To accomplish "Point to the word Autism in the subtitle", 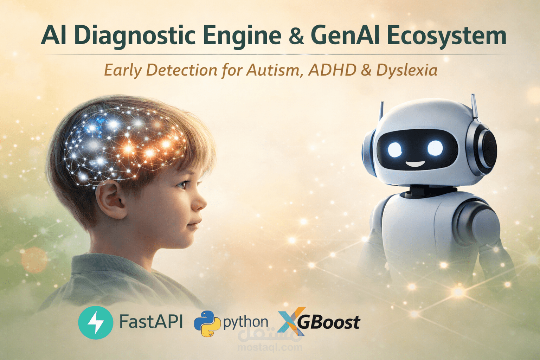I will [274, 70].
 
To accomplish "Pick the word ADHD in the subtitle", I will [332, 70].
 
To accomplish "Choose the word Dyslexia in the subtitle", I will [407, 70].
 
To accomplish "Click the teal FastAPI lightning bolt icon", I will [96, 322].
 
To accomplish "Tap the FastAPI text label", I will [151, 321].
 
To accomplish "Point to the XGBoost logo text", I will [329, 322].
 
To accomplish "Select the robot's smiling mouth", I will [416, 164].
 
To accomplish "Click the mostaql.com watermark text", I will [270, 348].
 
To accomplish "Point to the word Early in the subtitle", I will [123, 70].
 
